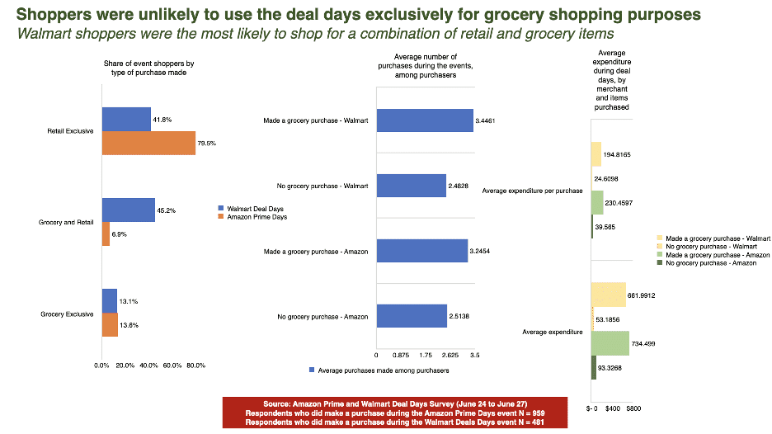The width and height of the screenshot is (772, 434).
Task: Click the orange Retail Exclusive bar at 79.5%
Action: [148, 143]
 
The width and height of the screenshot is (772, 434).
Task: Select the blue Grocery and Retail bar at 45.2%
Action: [128, 210]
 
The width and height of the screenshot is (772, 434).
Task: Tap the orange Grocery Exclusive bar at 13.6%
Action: [110, 325]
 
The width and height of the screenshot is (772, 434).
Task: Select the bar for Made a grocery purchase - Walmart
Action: [424, 121]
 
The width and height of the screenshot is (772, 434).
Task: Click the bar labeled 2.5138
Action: [411, 316]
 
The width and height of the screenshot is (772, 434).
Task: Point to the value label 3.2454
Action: [482, 252]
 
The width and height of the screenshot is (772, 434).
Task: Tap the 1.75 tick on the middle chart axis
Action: [426, 355]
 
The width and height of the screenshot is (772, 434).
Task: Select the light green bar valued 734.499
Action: [610, 343]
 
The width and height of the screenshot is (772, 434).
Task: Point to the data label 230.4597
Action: [621, 202]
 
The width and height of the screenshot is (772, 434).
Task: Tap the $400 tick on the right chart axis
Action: [612, 408]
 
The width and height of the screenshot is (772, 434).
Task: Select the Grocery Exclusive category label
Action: [67, 314]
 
